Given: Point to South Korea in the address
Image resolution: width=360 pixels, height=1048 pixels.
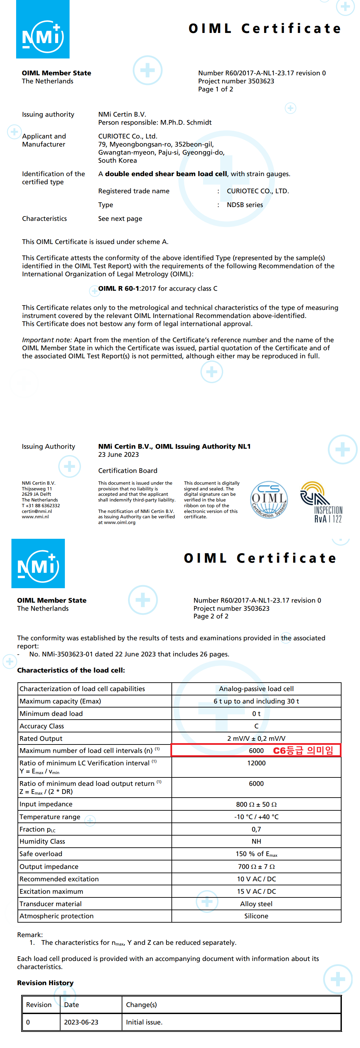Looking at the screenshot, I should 117,160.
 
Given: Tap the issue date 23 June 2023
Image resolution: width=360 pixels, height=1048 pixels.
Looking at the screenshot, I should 118,454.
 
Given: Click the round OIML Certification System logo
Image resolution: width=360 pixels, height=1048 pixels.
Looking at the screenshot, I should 269,499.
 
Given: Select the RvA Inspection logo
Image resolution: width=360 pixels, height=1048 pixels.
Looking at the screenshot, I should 321,502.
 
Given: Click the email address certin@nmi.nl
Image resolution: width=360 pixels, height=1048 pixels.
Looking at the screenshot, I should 37,511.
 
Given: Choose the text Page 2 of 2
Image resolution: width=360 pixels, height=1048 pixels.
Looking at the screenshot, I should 211,616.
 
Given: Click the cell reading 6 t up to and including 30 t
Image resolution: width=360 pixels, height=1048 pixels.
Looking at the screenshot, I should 256,701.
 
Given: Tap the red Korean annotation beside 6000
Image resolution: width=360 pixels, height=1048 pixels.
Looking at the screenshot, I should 303,751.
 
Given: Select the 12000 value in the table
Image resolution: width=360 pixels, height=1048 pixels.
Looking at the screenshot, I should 256,763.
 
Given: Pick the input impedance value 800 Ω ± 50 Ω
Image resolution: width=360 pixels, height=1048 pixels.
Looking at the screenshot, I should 256,804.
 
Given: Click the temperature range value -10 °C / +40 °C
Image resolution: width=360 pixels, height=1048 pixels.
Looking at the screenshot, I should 256,817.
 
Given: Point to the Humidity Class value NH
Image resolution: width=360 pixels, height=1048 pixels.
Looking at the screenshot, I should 256,841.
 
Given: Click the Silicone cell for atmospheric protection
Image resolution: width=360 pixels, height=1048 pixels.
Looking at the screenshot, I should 256,916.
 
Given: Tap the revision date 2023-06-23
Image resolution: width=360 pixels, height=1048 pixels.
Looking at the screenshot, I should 81,1022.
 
